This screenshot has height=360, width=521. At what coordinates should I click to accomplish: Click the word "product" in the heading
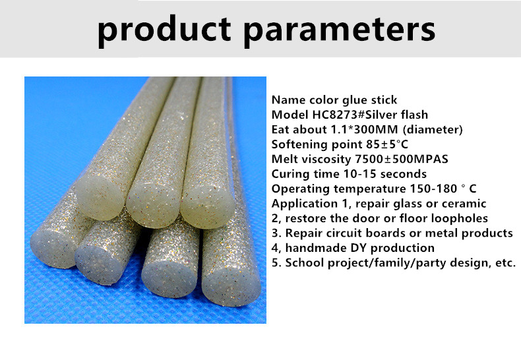pyautogui.click(x=164, y=30)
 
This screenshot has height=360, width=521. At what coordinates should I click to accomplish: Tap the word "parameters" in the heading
pyautogui.click(x=339, y=30)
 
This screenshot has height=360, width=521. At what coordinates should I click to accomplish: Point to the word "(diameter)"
pyautogui.click(x=433, y=129)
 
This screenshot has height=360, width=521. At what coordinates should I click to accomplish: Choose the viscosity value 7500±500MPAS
pyautogui.click(x=402, y=159)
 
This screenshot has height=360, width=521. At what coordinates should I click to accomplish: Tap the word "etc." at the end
pyautogui.click(x=505, y=263)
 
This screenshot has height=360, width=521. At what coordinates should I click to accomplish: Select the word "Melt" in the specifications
pyautogui.click(x=283, y=159)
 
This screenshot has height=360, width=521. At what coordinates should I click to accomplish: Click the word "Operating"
pyautogui.click(x=301, y=189)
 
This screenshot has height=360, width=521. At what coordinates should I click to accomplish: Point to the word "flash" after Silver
pyautogui.click(x=414, y=115)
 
